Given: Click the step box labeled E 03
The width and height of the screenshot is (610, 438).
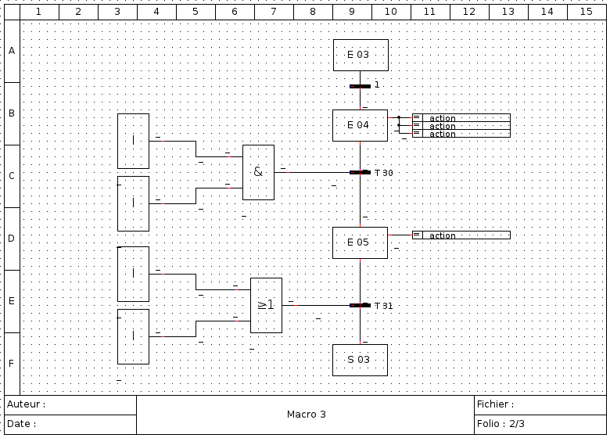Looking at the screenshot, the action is (x=361, y=55).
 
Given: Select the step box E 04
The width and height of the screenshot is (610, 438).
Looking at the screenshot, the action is (x=360, y=125).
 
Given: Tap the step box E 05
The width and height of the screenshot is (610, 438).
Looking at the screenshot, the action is (x=360, y=242).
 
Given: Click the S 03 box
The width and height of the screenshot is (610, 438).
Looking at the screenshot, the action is (x=360, y=360).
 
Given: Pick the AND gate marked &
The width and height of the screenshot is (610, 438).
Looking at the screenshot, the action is (x=258, y=172).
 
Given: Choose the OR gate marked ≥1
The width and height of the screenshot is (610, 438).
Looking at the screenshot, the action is (x=266, y=305).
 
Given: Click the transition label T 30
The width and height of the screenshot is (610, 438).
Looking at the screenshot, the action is (x=383, y=173).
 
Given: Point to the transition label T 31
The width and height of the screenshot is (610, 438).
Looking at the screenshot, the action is (x=383, y=306).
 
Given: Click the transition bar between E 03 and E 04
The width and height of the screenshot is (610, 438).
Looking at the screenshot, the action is (x=360, y=86).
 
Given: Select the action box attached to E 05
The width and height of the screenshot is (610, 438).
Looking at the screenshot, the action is (x=461, y=235).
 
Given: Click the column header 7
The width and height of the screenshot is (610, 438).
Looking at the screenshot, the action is (x=274, y=12).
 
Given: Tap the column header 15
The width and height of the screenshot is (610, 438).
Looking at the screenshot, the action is (x=587, y=12).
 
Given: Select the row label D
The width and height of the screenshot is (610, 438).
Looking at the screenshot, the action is (x=12, y=239).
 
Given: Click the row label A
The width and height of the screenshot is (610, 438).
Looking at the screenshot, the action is (x=12, y=51).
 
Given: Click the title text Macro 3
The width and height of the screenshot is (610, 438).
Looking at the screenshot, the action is (x=306, y=415).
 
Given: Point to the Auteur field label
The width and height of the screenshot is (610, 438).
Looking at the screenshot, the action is (x=26, y=404).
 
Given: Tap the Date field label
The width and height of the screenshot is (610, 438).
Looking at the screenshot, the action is (x=21, y=424).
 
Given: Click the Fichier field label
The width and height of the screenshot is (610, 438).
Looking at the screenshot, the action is (x=495, y=404).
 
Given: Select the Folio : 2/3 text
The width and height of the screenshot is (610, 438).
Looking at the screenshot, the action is (x=501, y=424).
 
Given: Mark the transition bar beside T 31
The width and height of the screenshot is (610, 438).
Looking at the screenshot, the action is (x=360, y=305).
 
